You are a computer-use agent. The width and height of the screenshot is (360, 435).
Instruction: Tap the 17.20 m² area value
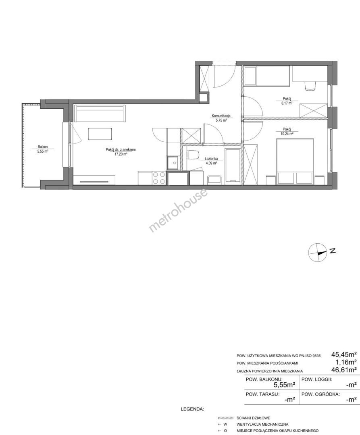pos(121,154)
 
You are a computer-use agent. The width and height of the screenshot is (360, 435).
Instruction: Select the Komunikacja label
pos(221,116)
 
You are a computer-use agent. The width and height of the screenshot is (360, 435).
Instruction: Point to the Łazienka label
pos(211,159)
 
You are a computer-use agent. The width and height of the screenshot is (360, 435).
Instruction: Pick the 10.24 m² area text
pos(287,133)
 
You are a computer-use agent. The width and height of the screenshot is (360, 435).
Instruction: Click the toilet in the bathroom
pos(193,155)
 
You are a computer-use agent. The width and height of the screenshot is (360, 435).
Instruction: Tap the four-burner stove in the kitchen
pos(159,178)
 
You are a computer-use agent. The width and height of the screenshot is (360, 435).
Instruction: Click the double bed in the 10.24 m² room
pos(295,162)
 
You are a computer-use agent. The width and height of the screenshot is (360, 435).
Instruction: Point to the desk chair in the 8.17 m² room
pos(310,86)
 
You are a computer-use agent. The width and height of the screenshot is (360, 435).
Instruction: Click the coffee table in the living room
pos(100,134)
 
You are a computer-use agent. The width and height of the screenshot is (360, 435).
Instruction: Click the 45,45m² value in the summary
pos(343,354)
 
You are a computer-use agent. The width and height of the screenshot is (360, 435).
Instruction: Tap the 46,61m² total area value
pos(343,369)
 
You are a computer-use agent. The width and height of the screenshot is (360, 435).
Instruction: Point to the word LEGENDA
pos(192,409)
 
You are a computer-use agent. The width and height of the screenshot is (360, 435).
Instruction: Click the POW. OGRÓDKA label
pos(320,394)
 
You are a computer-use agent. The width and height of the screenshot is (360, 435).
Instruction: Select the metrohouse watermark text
pos(179,210)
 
